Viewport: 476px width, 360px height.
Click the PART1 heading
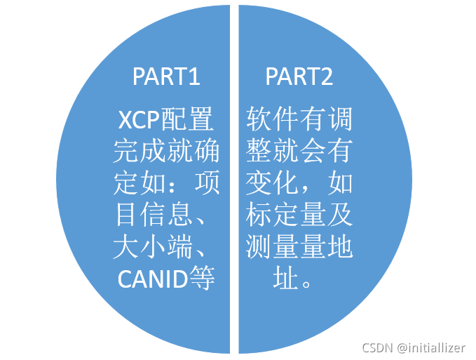(166, 76)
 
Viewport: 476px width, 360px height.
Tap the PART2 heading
(299, 76)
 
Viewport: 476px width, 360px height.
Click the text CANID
(151, 279)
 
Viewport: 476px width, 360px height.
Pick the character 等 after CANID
(201, 279)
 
